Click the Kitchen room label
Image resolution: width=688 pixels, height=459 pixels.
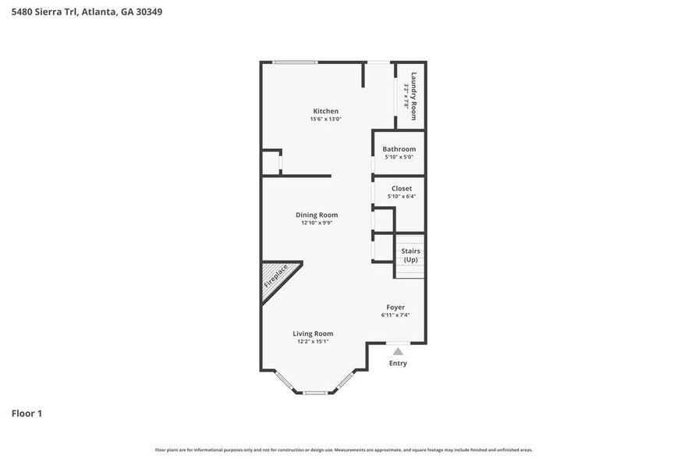[325, 111]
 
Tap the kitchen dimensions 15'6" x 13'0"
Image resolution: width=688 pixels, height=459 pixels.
[325, 119]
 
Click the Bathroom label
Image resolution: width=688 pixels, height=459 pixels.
[399, 149]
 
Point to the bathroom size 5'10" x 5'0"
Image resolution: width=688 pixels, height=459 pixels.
[399, 157]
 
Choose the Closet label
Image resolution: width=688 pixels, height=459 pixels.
[402, 188]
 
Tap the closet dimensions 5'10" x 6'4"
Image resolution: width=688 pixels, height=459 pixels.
[402, 196]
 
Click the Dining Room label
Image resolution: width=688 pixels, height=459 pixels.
[317, 215]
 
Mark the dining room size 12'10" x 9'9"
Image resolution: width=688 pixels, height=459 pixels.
[317, 222]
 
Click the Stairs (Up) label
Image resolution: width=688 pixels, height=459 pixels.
[410, 254]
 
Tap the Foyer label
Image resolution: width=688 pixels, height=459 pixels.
[395, 307]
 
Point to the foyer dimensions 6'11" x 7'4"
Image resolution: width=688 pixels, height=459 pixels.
[395, 315]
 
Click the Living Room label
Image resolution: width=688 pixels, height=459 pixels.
[313, 333]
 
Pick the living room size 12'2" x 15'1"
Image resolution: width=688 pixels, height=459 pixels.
[313, 341]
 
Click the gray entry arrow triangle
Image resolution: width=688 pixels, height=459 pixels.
[398, 350]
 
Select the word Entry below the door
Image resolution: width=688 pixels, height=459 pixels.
[398, 363]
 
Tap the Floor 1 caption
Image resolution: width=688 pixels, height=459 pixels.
[27, 413]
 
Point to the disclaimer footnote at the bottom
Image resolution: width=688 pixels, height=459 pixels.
[344, 450]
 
